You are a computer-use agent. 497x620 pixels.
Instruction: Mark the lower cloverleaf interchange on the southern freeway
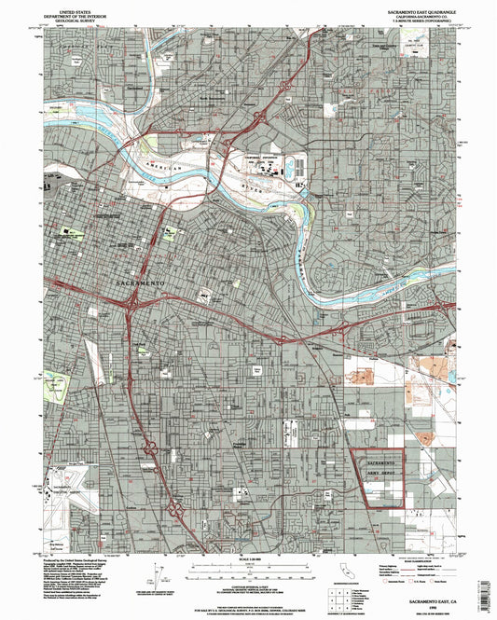coord(173,509)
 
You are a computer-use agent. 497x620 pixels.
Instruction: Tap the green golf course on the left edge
coord(58,383)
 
